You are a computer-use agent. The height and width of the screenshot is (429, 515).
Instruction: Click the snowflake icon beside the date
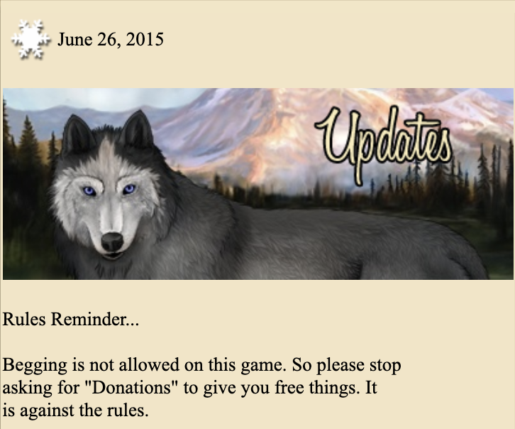(31, 39)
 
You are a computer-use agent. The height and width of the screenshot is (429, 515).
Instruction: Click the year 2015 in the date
(145, 40)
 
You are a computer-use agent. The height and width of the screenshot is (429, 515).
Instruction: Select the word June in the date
(75, 40)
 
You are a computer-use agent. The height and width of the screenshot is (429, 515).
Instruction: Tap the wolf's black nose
(112, 242)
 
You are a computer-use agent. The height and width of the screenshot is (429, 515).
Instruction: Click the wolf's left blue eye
(89, 190)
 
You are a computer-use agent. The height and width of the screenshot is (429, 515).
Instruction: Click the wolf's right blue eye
(129, 189)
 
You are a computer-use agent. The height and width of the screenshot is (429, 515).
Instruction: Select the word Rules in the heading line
(24, 319)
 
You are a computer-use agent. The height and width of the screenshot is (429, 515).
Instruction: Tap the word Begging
(35, 366)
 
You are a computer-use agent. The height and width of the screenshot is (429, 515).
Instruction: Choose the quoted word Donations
(132, 387)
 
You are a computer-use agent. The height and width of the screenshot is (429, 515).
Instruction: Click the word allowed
(149, 364)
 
